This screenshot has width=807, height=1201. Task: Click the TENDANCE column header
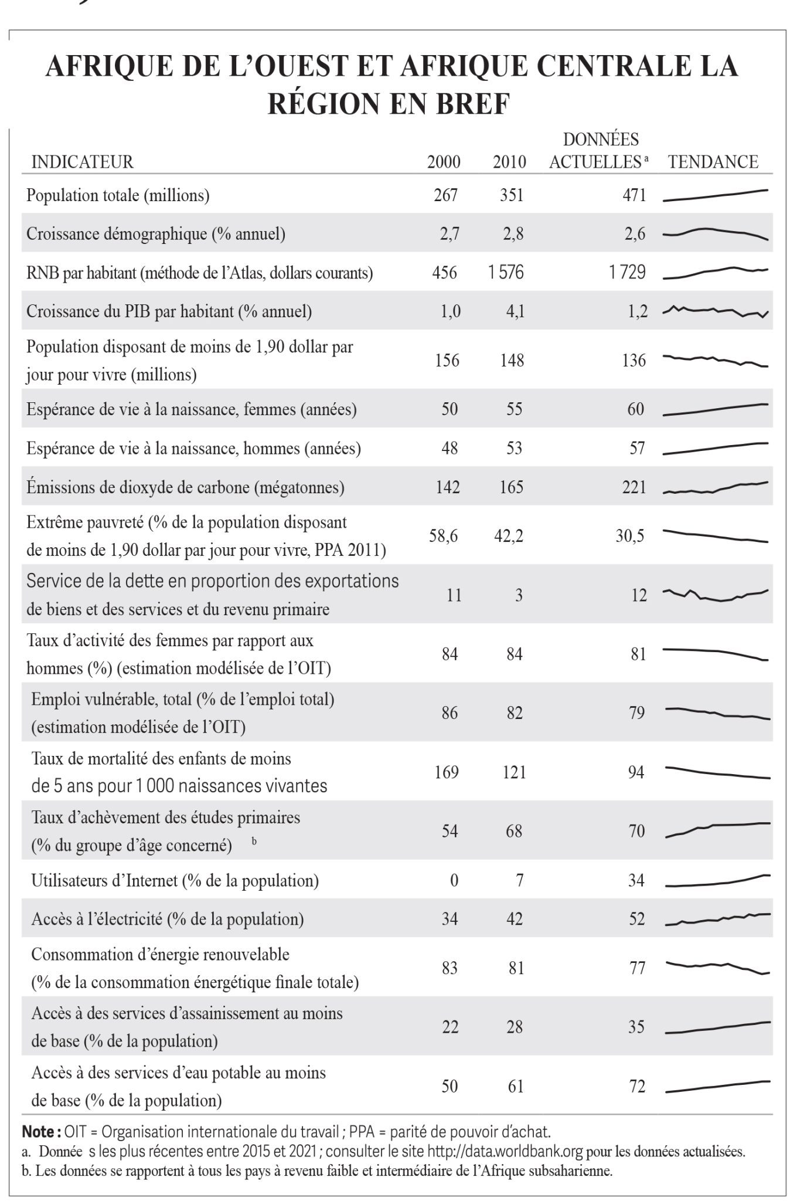(x=713, y=161)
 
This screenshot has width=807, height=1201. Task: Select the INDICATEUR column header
(x=82, y=161)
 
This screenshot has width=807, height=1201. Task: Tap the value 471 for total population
(x=634, y=195)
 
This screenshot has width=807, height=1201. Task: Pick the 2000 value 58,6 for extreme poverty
(x=443, y=536)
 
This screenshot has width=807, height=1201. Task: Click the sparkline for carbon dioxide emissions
(x=716, y=487)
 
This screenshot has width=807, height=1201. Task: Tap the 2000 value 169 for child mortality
(x=447, y=772)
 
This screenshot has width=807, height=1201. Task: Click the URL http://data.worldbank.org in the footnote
(x=505, y=1151)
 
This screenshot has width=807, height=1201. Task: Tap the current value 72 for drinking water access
(x=636, y=1086)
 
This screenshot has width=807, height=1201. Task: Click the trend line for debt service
(x=716, y=595)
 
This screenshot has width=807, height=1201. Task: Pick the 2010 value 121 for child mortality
(x=514, y=772)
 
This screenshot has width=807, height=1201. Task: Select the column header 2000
(x=444, y=161)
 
